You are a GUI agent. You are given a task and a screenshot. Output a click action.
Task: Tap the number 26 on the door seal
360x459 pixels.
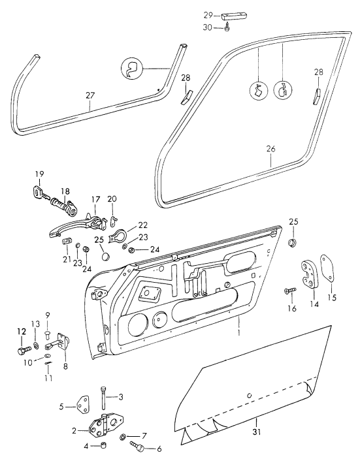coord(270,149)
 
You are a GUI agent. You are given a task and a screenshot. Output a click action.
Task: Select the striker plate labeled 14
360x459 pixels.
coord(309,273)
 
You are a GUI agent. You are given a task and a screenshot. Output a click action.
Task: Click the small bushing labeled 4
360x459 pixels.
coord(103,446)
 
